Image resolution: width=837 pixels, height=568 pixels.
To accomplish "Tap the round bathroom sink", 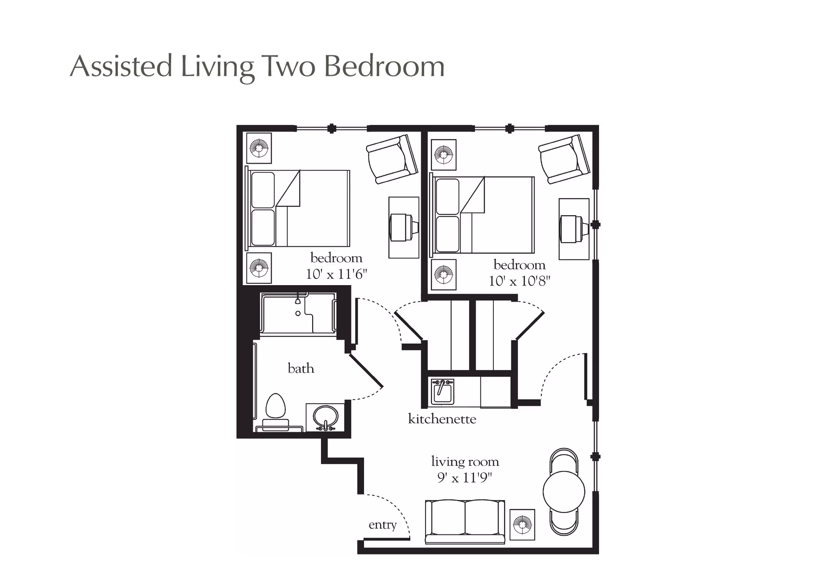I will [x=325, y=418].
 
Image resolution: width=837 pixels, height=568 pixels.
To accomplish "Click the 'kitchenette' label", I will [x=442, y=419].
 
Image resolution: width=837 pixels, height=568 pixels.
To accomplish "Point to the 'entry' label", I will [x=382, y=525].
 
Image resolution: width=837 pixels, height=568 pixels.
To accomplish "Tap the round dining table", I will [x=564, y=492].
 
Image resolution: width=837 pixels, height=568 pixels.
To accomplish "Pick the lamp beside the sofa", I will [x=522, y=524].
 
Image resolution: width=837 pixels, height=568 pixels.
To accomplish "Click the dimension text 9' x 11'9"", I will [x=465, y=478].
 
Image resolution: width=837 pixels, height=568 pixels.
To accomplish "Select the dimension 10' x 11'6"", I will [x=337, y=274].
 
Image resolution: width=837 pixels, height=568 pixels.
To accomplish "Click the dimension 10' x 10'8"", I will [x=519, y=281].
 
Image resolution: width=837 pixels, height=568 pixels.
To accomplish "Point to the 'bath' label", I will [x=301, y=369].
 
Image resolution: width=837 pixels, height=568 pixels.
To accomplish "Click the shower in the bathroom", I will [x=298, y=313].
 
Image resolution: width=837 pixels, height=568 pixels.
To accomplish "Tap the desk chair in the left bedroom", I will [x=403, y=227].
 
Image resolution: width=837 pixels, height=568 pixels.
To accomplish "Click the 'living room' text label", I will [x=465, y=462].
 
